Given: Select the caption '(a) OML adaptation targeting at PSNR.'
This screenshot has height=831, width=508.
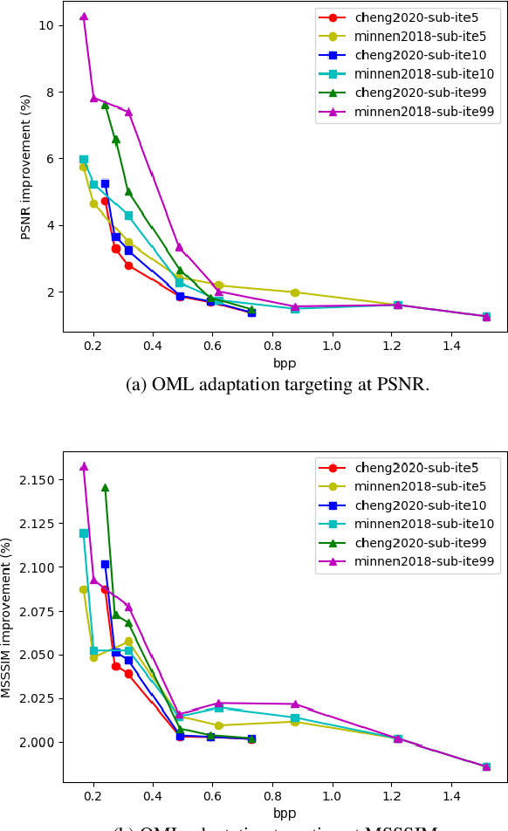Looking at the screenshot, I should [x=278, y=385].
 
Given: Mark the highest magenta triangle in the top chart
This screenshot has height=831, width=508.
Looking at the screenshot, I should [x=84, y=17].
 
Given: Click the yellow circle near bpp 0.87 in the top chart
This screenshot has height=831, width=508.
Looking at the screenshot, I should [x=295, y=292].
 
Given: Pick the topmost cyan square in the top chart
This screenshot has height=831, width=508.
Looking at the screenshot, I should [x=84, y=160].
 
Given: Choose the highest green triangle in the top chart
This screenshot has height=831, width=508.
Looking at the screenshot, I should [x=105, y=105].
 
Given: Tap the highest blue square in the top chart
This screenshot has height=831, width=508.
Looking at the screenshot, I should [x=105, y=183].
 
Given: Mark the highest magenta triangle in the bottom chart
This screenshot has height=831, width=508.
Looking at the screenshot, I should [x=84, y=467].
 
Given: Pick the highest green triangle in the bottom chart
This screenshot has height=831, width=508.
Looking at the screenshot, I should [x=105, y=488].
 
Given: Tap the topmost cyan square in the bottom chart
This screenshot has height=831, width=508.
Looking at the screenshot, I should [x=84, y=532].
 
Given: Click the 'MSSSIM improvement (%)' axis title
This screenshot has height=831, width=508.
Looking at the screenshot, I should [x=9, y=619].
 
